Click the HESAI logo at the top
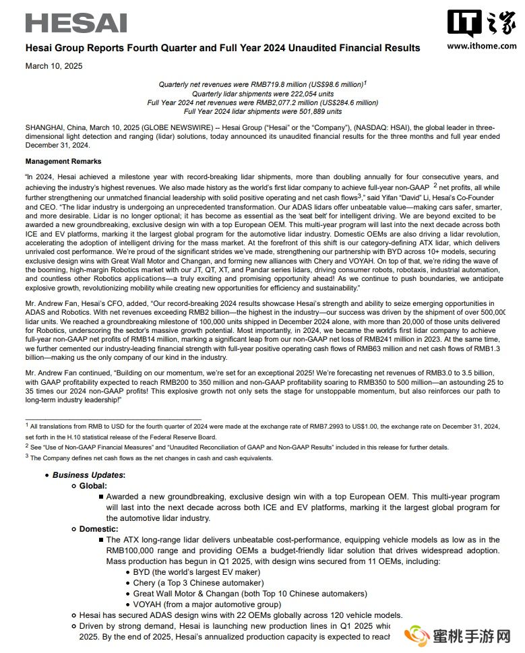(x=76, y=22)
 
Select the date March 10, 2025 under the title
(x=55, y=65)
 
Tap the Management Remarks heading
(x=63, y=162)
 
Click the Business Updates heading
(x=88, y=475)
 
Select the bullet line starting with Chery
(x=198, y=583)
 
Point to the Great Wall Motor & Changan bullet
(x=249, y=594)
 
